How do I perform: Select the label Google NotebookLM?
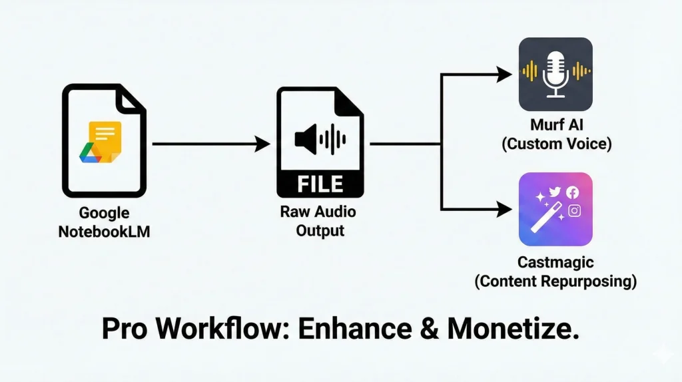coord(104,223)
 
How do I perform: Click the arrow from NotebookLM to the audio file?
coord(210,144)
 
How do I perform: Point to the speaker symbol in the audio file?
coord(306,140)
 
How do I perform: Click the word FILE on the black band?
coord(320,183)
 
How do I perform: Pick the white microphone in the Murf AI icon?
coord(555,73)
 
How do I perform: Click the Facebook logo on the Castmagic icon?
coord(572,192)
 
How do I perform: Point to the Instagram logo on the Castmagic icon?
coord(574,211)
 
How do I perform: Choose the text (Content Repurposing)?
coord(555,281)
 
